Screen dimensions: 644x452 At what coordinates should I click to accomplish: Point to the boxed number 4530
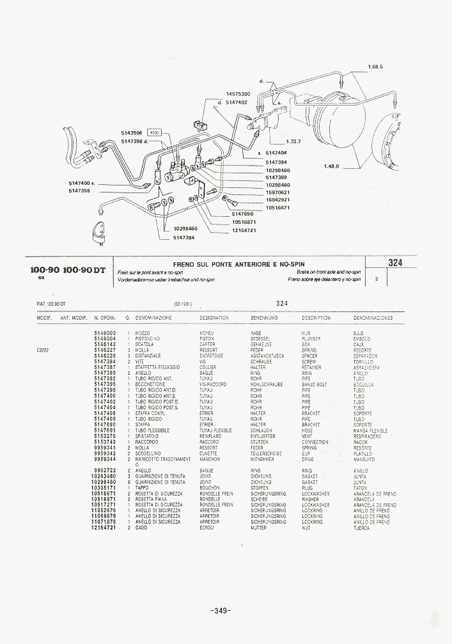155,132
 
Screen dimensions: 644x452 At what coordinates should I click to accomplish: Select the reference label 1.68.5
375,67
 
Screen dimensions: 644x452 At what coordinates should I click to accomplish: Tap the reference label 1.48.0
331,166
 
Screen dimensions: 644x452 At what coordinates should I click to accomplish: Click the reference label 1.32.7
294,141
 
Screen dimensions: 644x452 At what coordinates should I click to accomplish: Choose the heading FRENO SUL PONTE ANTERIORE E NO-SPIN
239,264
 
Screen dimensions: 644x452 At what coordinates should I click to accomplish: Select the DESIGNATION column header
214,318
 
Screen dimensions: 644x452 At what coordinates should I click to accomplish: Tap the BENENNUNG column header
264,318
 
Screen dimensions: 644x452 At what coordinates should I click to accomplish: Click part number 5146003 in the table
105,333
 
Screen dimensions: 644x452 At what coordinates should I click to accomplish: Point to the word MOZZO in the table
143,333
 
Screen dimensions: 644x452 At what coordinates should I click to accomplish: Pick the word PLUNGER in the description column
311,338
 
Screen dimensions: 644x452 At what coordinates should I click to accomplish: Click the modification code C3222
43,350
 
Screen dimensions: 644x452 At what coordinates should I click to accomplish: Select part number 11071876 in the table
105,522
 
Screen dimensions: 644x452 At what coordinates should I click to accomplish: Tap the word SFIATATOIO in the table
147,436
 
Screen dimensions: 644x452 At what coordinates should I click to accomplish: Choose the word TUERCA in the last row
362,528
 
